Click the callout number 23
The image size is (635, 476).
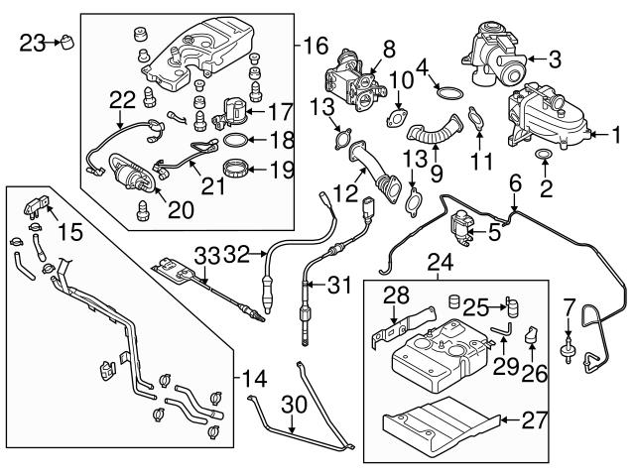click(30, 42)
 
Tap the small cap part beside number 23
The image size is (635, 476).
click(66, 42)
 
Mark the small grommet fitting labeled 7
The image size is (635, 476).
click(569, 350)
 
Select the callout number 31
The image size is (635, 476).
click(339, 286)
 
